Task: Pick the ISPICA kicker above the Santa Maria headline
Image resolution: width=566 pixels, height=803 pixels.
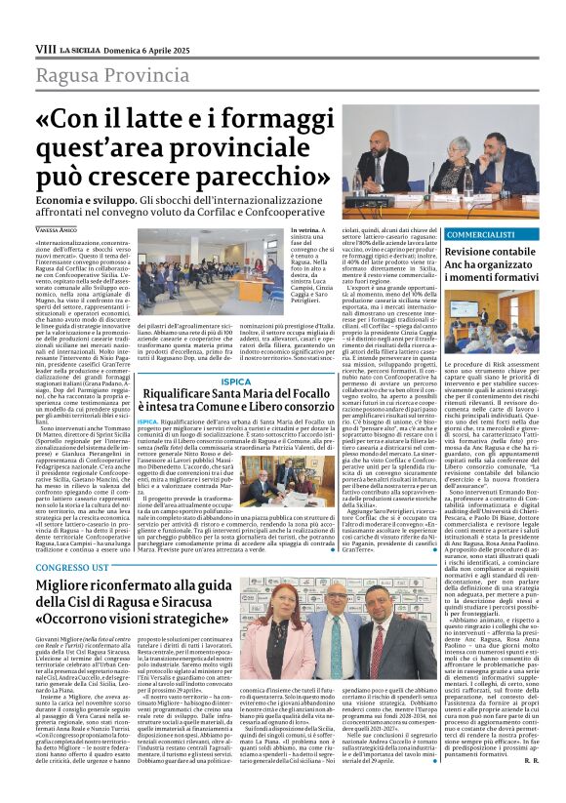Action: [x=235, y=381]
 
